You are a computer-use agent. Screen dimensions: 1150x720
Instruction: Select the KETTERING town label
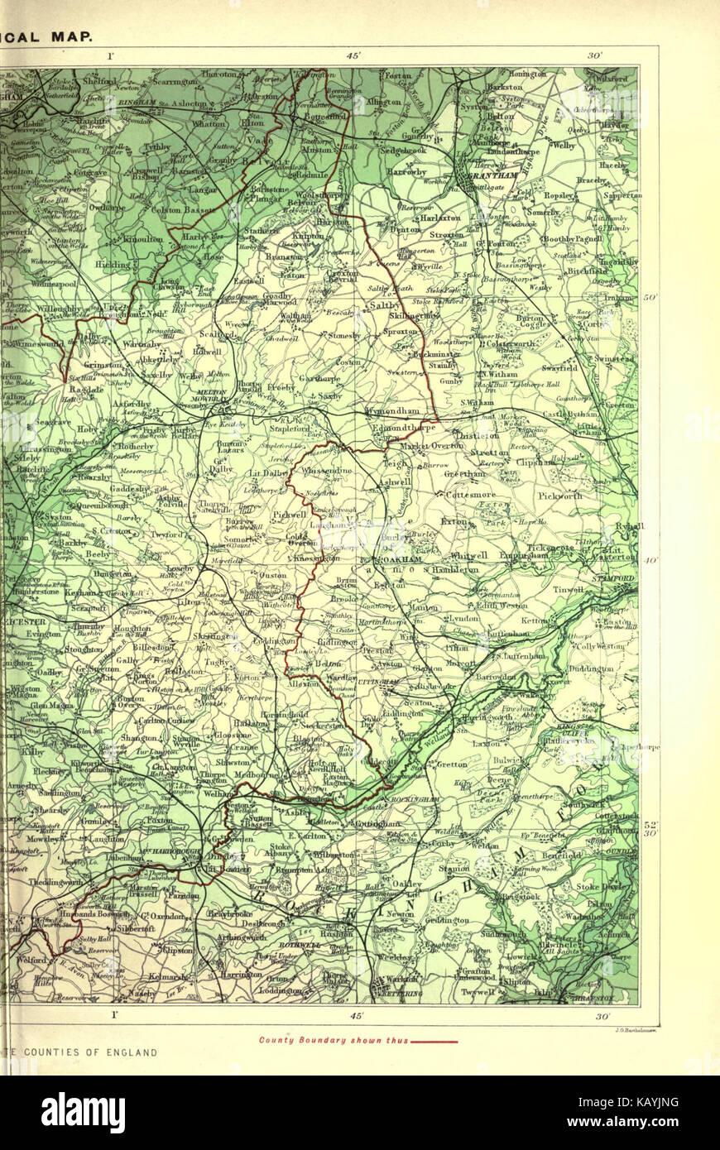click(401, 993)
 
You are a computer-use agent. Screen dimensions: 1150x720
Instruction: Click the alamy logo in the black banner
click(83, 1113)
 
